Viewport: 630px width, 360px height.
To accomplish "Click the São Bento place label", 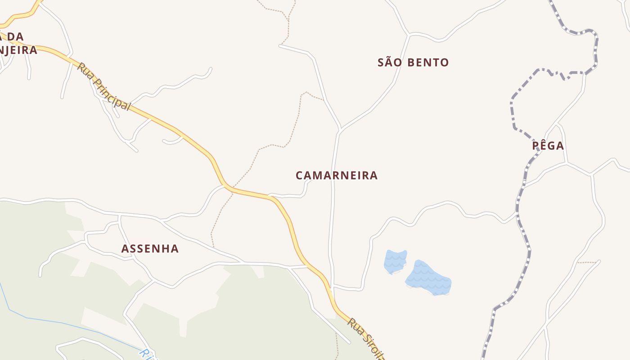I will click(x=413, y=63).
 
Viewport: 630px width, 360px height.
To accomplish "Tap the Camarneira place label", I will click(x=337, y=175).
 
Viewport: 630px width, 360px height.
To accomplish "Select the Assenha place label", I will click(x=150, y=248).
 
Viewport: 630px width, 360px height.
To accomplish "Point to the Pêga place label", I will click(x=548, y=146).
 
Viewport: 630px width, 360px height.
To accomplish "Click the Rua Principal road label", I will click(x=104, y=87).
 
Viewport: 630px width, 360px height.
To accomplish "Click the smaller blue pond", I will click(x=395, y=261).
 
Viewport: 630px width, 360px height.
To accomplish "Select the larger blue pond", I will click(x=428, y=278).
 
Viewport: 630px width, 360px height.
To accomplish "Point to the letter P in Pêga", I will click(x=536, y=146).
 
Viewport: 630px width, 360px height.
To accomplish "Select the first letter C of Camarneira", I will click(x=300, y=175).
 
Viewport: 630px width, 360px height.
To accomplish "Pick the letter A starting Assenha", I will click(x=126, y=248).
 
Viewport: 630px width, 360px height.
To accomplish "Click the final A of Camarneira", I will click(x=373, y=175).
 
